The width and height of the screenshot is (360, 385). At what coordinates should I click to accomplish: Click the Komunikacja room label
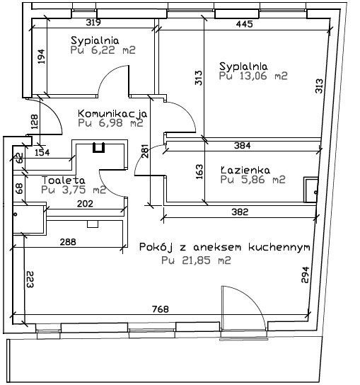pyautogui.click(x=112, y=114)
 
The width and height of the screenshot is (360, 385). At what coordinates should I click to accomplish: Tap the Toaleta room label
pyautogui.click(x=64, y=180)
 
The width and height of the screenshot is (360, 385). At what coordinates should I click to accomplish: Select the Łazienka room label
pyautogui.click(x=245, y=170)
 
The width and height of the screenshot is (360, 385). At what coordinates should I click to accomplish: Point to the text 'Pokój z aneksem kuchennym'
pyautogui.click(x=224, y=247)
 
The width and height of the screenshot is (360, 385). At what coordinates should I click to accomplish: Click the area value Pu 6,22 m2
pyautogui.click(x=103, y=50)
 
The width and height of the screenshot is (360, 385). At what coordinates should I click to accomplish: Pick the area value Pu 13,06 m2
pyautogui.click(x=253, y=76)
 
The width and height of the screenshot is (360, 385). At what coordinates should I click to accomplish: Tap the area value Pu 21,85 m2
pyautogui.click(x=196, y=260)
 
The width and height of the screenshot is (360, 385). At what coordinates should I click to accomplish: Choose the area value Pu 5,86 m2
pyautogui.click(x=252, y=180)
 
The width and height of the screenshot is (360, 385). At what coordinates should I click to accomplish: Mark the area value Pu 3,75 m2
pyautogui.click(x=74, y=190)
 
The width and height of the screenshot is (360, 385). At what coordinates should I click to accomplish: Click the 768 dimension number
pyautogui.click(x=161, y=309)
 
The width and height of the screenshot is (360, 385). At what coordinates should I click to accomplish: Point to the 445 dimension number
pyautogui.click(x=244, y=24)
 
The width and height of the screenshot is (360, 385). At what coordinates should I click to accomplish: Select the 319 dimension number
pyautogui.click(x=93, y=23)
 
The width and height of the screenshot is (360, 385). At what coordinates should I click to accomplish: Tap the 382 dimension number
pyautogui.click(x=240, y=212)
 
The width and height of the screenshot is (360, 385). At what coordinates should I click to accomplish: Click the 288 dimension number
pyautogui.click(x=68, y=242)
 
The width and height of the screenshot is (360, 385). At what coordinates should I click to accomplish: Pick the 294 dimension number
pyautogui.click(x=305, y=275)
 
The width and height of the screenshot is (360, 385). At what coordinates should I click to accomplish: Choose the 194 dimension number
pyautogui.click(x=42, y=57)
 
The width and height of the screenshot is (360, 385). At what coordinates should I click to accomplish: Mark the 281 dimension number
pyautogui.click(x=145, y=151)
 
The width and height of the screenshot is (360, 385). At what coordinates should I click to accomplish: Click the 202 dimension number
pyautogui.click(x=85, y=204)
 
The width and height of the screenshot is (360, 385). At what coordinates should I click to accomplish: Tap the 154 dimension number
pyautogui.click(x=42, y=152)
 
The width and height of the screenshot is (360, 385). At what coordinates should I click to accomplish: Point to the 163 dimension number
pyautogui.click(x=199, y=172)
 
